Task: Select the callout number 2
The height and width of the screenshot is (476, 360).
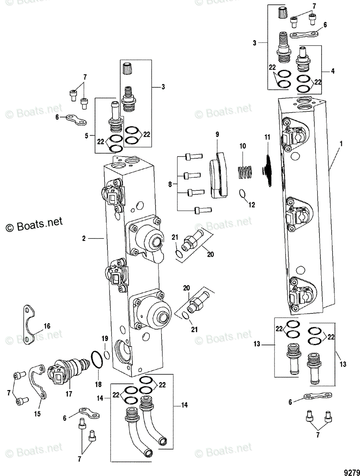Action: (x=84, y=238)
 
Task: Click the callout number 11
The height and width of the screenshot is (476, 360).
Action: (x=267, y=138)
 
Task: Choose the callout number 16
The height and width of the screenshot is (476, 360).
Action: (x=47, y=326)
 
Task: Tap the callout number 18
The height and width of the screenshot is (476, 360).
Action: (x=98, y=384)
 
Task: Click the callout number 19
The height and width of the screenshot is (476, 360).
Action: (x=104, y=338)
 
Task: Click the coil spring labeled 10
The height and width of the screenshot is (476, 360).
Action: (x=245, y=173)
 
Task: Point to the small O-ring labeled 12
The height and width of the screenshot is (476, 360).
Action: (x=242, y=194)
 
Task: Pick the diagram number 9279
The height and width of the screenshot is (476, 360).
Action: (x=351, y=472)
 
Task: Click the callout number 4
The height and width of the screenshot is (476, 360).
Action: (x=333, y=71)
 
